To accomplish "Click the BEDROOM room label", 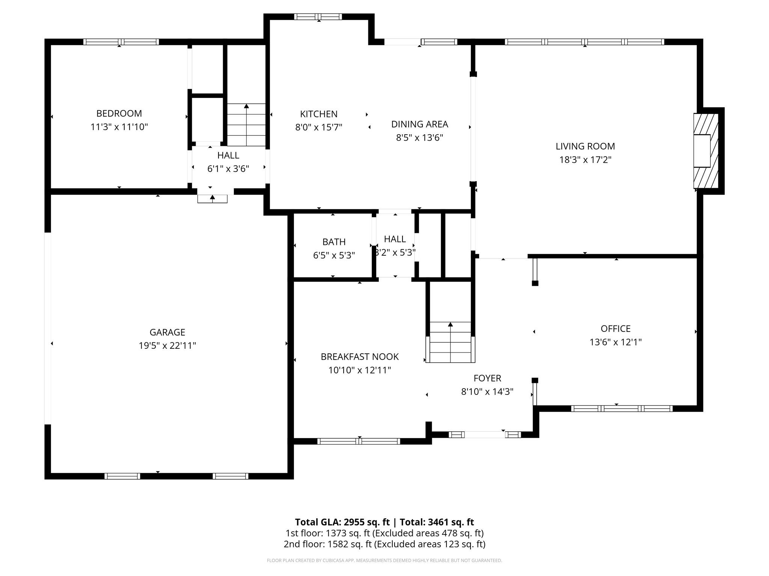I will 119,113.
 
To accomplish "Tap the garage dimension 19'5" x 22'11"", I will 167,345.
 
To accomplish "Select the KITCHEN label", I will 318,114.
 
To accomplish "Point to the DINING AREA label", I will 419,124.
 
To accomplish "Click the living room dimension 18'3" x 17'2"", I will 585,160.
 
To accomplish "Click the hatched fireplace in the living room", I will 705,151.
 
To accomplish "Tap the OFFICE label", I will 615,328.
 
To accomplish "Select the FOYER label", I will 487,378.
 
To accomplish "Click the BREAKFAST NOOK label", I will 359,357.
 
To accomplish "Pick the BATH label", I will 334,242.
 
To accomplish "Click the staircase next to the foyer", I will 450,342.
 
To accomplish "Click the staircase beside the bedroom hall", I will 246,125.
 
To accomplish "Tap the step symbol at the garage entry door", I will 213,198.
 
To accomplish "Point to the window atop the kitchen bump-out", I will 318,16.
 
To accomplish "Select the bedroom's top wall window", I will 121,42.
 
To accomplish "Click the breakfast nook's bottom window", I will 359,441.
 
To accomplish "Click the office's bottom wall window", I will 621,408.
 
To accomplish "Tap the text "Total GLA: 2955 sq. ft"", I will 342,522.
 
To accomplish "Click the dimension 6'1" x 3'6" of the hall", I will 228,169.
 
